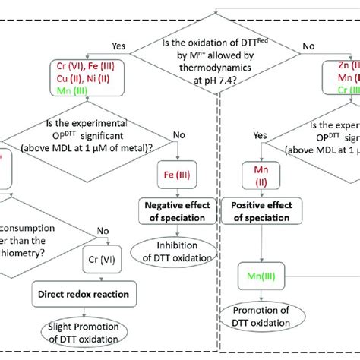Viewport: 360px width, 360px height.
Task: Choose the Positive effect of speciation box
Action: (x=255, y=211)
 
